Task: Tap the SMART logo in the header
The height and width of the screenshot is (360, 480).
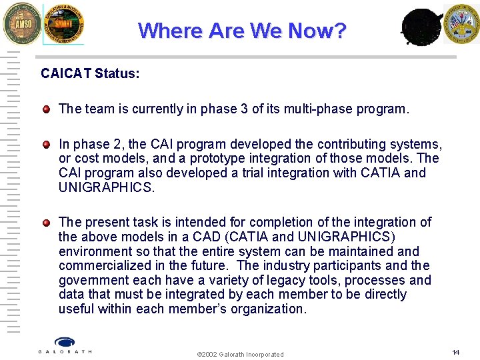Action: (x=64, y=24)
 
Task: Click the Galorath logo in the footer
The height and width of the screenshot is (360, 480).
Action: (x=65, y=345)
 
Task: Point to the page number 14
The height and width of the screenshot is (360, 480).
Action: (x=456, y=352)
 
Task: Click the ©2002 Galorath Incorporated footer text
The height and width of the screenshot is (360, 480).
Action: (x=240, y=354)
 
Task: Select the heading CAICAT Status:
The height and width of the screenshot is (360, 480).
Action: (x=90, y=73)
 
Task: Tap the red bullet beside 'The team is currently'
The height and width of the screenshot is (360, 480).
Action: (x=46, y=109)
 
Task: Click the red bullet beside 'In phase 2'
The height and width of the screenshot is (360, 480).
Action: (x=46, y=144)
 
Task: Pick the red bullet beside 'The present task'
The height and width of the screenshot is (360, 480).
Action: (x=46, y=222)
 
